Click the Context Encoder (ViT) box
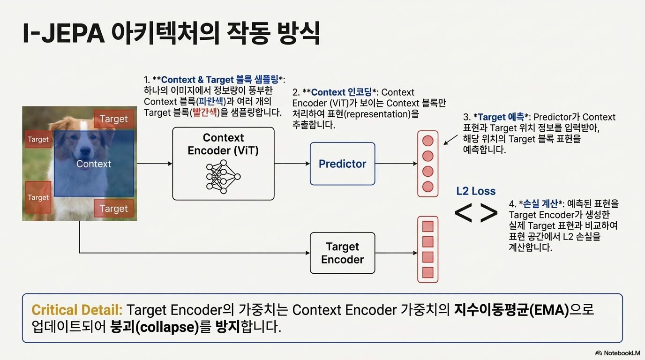coord(223,164)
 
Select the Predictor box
coord(342,164)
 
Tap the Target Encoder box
coord(342,253)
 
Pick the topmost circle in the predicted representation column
coord(427,141)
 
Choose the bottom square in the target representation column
coord(427,272)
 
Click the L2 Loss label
coord(476,191)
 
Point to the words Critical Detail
coord(77,310)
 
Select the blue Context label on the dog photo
coord(94,164)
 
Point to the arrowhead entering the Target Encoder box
coord(307,253)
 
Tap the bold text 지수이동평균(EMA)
coord(511,310)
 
